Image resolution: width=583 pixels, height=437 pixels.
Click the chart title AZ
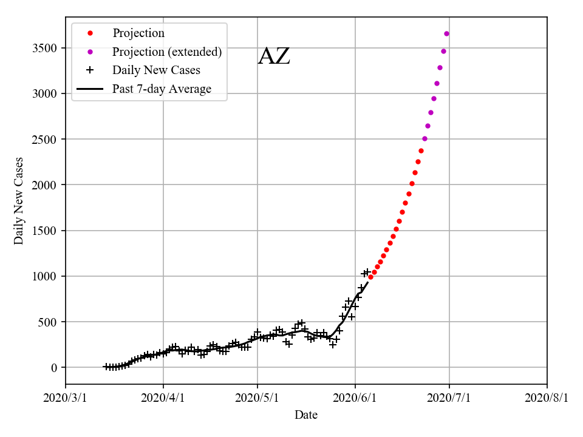coord(274,56)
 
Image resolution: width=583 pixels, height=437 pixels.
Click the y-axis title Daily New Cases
coord(19,201)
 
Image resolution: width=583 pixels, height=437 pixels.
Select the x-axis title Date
coord(306,415)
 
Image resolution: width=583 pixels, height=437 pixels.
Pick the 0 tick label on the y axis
coord(53,368)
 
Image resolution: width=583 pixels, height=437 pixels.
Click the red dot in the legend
coord(90,33)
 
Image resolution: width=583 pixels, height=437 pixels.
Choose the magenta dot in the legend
coord(90,52)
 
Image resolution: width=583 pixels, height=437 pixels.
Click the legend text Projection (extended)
coord(167,52)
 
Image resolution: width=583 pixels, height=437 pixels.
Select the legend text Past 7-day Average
coord(162,89)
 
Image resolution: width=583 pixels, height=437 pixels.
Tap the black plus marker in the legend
coord(90,70)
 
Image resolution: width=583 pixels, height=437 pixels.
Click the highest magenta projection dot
coord(446,33)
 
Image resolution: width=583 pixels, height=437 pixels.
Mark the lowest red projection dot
coord(370,277)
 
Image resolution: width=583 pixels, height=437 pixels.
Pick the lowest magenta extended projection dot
coord(424,138)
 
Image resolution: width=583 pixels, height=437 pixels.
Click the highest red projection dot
coord(421,151)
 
